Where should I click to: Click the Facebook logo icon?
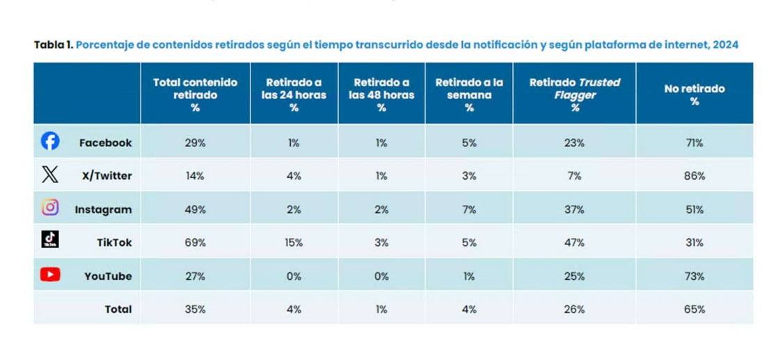(50, 141)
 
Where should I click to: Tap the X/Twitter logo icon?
(50, 175)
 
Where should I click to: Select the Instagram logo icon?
(50, 208)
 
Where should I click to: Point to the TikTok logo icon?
(50, 240)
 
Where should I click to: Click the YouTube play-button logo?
(50, 274)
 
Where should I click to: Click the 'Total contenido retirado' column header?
(195, 94)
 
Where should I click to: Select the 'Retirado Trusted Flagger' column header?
(574, 94)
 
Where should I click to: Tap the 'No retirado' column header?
(694, 95)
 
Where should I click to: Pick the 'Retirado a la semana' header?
(469, 94)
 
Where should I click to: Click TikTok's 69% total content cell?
(195, 243)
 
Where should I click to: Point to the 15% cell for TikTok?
(294, 243)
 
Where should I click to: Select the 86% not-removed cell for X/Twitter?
(694, 176)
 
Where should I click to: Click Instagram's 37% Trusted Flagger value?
(574, 210)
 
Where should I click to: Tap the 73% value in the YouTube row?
(694, 276)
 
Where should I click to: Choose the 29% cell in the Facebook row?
(195, 143)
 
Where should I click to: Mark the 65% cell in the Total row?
(694, 309)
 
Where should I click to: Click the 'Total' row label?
(118, 309)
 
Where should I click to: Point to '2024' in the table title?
(725, 45)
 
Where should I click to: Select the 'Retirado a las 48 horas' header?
(381, 94)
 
